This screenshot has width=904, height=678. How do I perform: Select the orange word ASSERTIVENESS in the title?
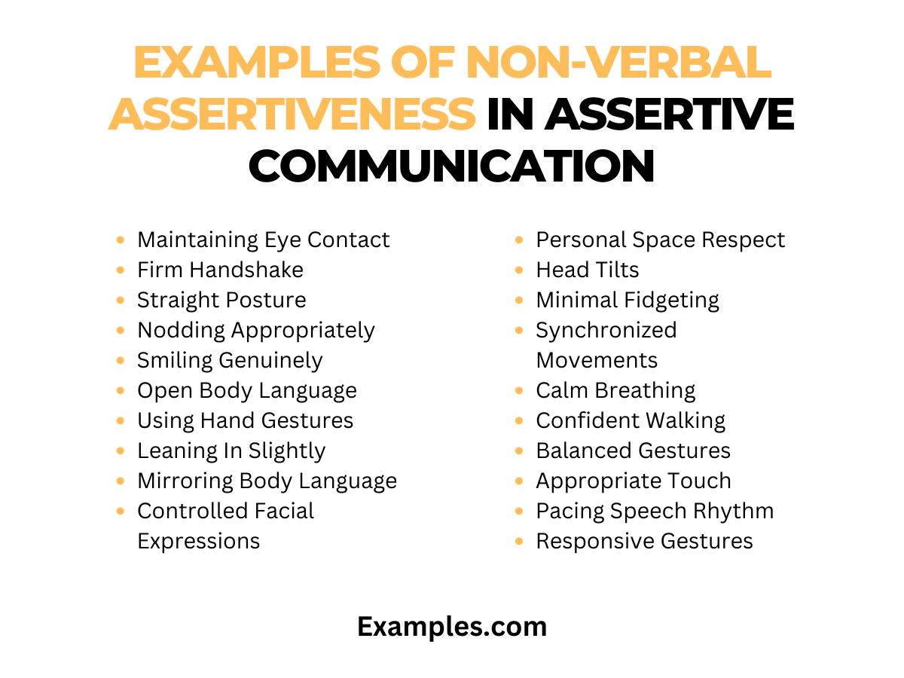(x=292, y=114)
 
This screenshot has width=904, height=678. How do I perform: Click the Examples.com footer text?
(x=452, y=626)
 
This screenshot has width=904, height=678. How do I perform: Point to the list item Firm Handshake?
(x=220, y=270)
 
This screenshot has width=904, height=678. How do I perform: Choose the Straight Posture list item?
(x=221, y=300)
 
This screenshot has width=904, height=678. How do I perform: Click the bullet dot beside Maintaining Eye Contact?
(x=121, y=240)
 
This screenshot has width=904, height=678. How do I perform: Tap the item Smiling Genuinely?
(x=230, y=360)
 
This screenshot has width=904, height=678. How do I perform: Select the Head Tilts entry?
(x=587, y=270)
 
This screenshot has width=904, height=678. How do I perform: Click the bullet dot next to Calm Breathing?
(x=520, y=391)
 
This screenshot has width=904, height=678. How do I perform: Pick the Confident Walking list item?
(x=631, y=420)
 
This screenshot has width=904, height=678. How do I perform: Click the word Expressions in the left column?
(x=198, y=541)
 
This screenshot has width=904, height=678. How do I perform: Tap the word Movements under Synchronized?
(x=597, y=360)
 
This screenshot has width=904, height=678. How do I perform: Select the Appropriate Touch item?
(x=634, y=481)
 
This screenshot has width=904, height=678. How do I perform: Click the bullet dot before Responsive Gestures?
(x=520, y=542)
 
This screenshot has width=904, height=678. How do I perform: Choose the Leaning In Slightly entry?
(x=231, y=450)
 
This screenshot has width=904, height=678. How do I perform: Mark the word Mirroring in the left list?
(x=185, y=481)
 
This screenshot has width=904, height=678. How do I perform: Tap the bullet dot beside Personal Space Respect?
(x=520, y=240)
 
